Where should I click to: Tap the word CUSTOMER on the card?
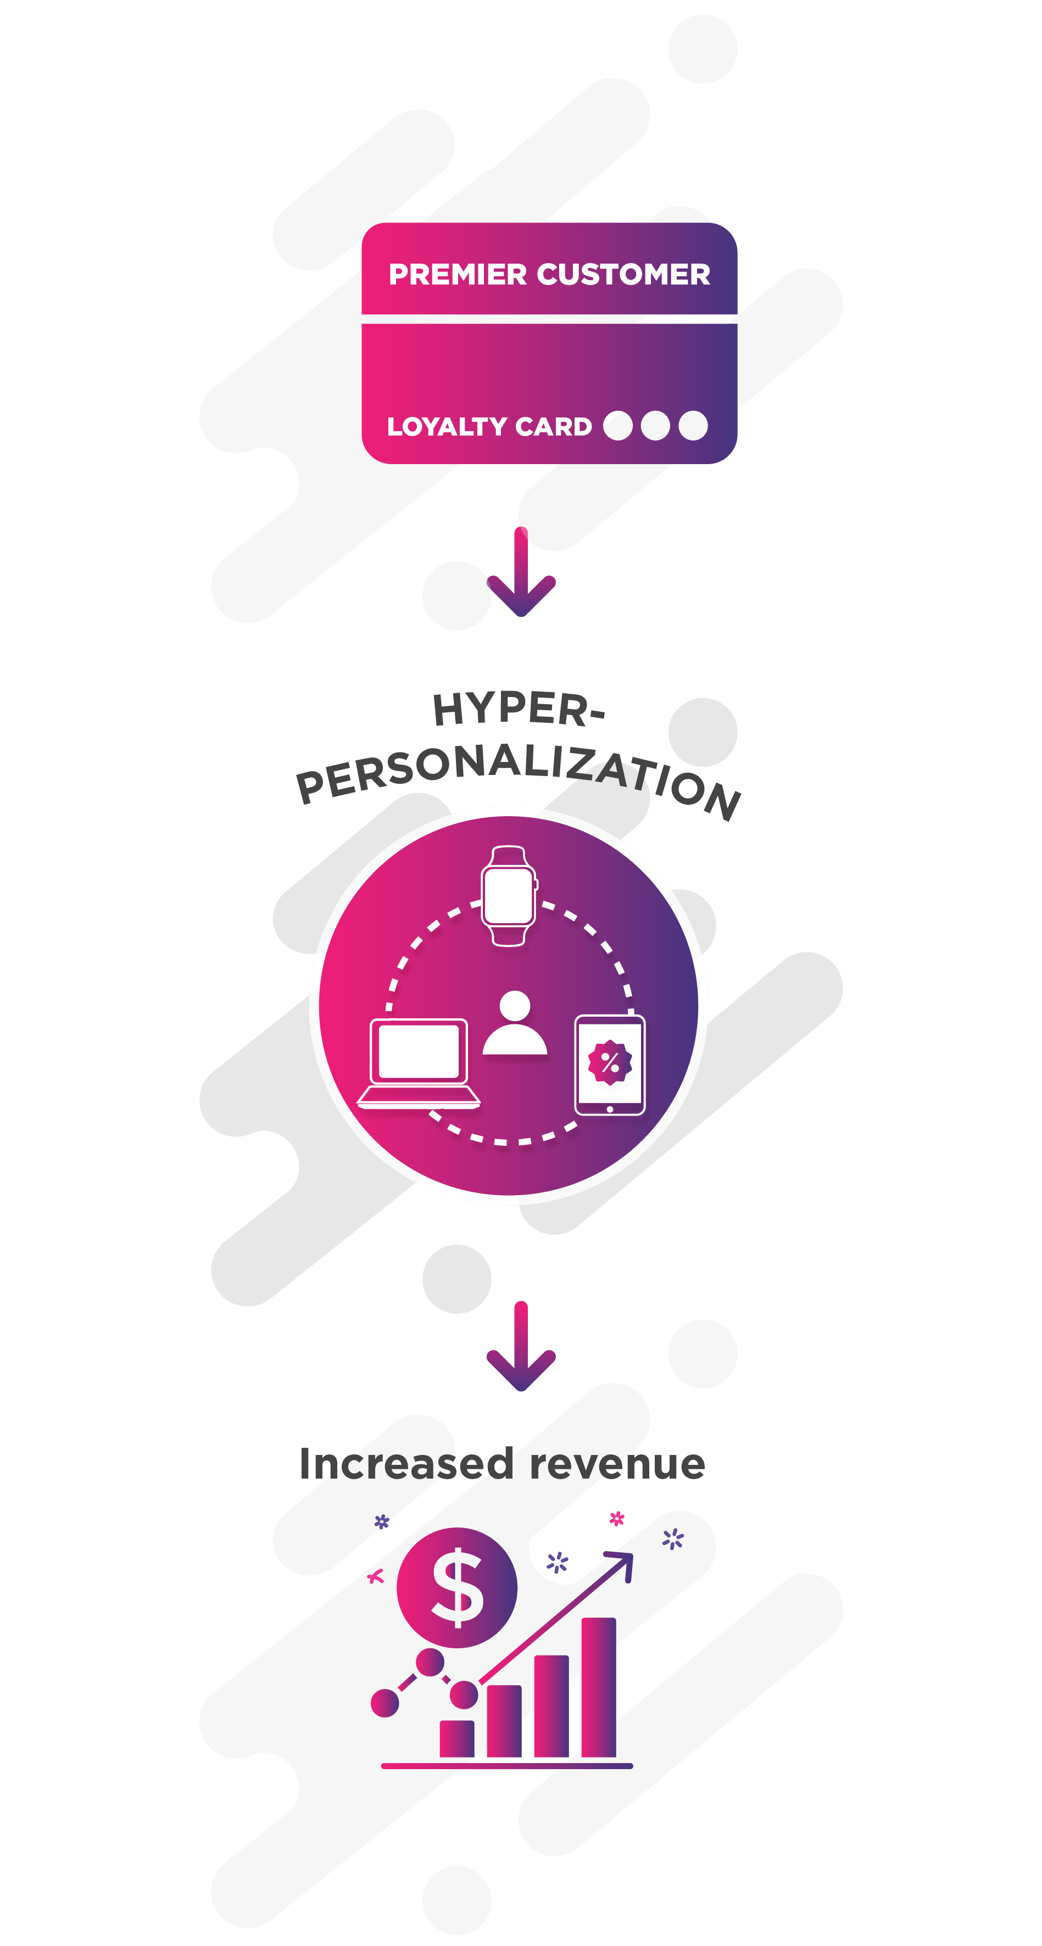pos(623,274)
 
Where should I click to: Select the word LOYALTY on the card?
pos(447,427)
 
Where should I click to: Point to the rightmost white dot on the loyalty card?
pos(693,425)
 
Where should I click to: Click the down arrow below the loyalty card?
pos(521,574)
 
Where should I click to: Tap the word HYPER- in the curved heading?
pos(519,710)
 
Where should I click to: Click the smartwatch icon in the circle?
pos(509,895)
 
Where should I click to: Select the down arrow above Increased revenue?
pos(521,1348)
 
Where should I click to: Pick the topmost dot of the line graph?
pos(430,1662)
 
